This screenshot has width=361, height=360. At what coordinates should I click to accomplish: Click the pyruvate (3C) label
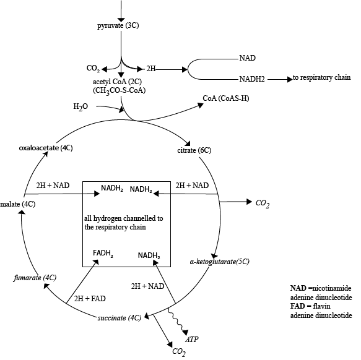118,25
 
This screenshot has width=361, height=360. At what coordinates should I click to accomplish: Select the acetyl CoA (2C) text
117,82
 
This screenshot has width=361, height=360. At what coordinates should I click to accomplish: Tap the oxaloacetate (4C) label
46,148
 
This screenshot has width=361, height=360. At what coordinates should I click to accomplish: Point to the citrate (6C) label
194,150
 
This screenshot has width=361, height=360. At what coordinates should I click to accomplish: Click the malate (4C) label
18,204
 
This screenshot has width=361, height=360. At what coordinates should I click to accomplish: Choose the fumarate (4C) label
35,278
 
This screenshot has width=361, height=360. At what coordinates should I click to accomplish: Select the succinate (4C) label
120,318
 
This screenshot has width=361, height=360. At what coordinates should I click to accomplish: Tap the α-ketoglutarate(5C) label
220,262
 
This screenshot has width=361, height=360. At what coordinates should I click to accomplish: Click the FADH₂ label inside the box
103,254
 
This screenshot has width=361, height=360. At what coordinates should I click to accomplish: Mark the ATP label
192,340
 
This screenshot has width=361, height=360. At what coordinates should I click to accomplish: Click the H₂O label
80,107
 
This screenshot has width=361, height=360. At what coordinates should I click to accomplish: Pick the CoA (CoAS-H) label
226,98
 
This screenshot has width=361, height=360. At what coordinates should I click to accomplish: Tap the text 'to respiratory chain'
321,77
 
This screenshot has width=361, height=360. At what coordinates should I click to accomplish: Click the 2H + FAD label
90,299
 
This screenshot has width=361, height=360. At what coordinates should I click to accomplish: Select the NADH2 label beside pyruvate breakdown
252,79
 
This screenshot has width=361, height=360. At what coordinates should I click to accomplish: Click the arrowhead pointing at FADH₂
96,262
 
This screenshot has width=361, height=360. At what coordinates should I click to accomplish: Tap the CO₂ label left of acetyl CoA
94,68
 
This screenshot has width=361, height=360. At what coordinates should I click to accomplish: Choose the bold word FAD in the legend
297,306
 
